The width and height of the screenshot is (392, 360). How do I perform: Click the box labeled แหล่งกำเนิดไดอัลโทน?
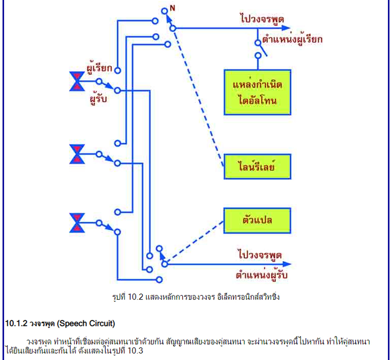(x=258, y=92)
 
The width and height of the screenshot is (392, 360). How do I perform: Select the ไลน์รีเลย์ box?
(x=258, y=167)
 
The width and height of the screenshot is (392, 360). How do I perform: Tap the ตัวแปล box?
(x=257, y=220)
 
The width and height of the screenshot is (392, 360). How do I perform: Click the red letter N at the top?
(x=172, y=8)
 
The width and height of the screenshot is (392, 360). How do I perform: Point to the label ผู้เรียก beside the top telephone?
(x=99, y=68)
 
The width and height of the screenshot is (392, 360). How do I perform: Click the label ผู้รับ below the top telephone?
(x=98, y=99)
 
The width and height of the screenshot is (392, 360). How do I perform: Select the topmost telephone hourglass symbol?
(x=77, y=81)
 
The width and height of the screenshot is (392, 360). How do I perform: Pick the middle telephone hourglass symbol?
(x=77, y=154)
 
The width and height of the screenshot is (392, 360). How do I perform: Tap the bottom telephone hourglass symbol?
(x=77, y=223)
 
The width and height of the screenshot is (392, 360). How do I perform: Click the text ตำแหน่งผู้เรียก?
(x=292, y=40)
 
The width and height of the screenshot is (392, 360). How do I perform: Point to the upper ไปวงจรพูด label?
(x=262, y=19)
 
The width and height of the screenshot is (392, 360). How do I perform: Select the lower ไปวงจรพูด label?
(x=260, y=255)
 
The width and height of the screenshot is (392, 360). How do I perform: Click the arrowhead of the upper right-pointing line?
(x=286, y=28)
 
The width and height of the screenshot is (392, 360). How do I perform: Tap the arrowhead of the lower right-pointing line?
(x=287, y=264)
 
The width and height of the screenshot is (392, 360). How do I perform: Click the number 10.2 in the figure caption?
(x=135, y=297)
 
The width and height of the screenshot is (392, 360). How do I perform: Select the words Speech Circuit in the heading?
(x=86, y=324)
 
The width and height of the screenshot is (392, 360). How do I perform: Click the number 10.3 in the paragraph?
(x=135, y=351)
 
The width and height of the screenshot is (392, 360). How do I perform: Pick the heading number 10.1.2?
(x=16, y=324)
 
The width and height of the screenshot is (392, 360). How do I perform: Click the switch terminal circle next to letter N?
(x=164, y=11)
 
